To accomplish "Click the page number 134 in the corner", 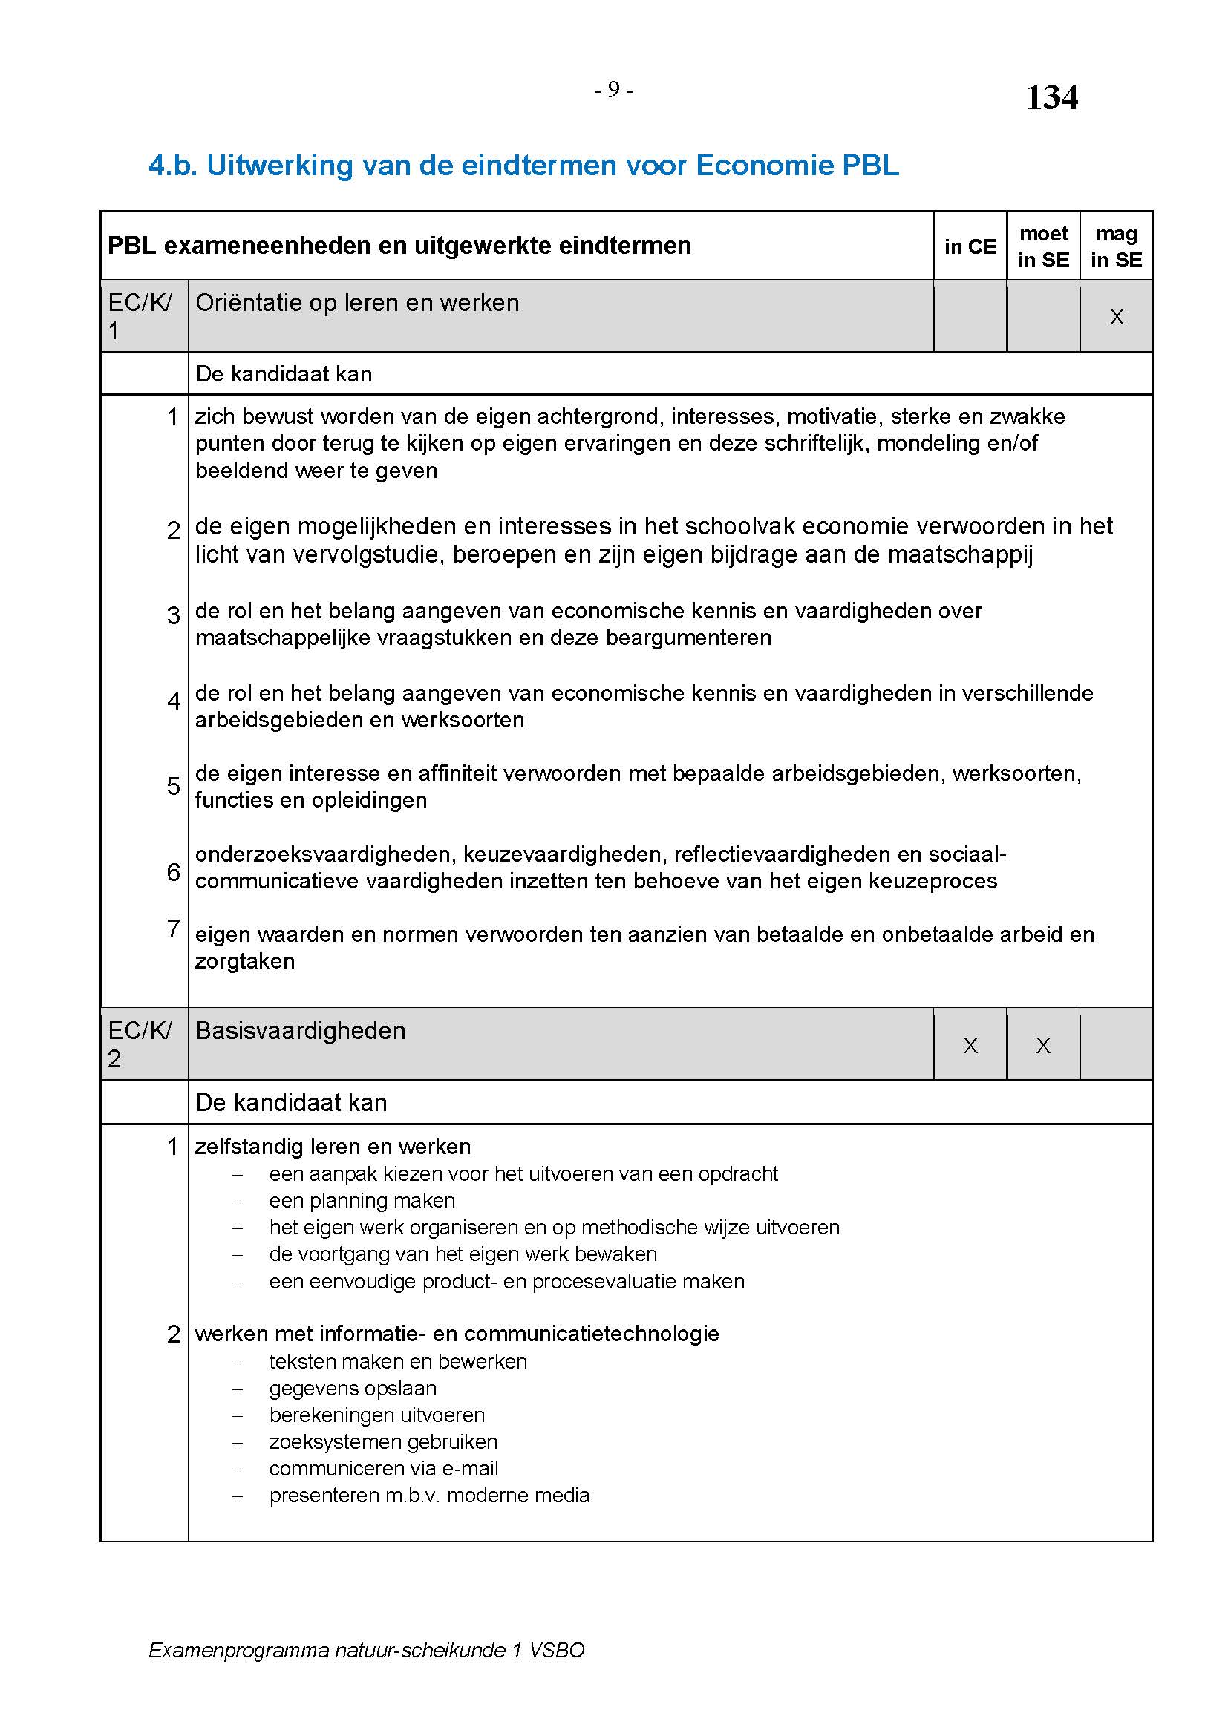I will click(1051, 97).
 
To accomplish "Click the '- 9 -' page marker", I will click(613, 90).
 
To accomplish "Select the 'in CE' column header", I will click(970, 246).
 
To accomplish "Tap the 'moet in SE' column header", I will click(1043, 246).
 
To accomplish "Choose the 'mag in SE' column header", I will click(1116, 246).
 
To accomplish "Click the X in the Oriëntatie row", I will click(1116, 317).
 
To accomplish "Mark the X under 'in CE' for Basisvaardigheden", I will click(970, 1046).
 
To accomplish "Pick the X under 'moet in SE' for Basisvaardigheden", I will click(1043, 1046).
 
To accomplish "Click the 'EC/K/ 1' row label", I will click(140, 316).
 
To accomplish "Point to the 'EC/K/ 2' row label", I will click(140, 1044).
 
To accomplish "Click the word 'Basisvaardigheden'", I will click(300, 1031).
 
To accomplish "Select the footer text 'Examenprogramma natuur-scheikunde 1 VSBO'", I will click(367, 1649).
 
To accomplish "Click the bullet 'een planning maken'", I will click(362, 1200).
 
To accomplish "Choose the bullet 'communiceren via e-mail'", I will click(383, 1467).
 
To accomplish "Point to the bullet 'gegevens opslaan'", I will click(353, 1387).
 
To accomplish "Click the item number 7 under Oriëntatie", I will click(173, 928).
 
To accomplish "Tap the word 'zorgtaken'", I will click(245, 961).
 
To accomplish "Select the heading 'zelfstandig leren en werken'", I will click(333, 1146).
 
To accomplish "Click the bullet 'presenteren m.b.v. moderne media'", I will click(428, 1495).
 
